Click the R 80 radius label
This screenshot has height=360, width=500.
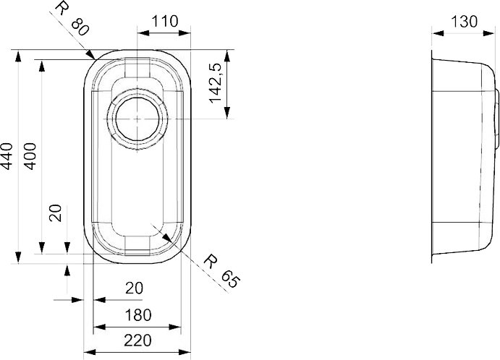(x=71, y=19)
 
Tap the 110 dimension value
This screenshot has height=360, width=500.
(x=164, y=22)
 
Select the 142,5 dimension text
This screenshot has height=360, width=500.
(x=216, y=83)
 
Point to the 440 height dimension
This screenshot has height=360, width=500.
(x=7, y=156)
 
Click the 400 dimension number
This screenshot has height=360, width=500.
(x=30, y=156)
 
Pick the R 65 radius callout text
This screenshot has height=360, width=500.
(x=221, y=270)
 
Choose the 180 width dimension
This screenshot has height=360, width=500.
(x=138, y=315)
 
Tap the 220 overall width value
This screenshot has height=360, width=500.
(x=137, y=340)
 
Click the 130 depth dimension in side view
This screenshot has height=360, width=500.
(x=464, y=22)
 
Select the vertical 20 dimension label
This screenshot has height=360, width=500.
(x=56, y=213)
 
